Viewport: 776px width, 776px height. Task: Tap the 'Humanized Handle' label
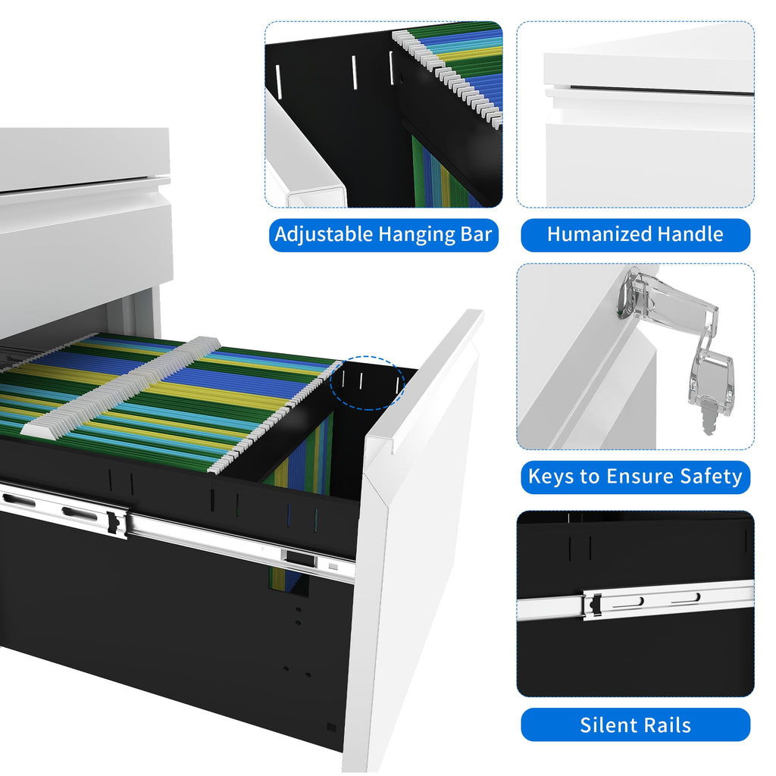point(635,234)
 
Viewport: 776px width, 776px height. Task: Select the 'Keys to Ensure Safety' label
point(635,477)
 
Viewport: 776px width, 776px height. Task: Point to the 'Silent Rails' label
point(635,725)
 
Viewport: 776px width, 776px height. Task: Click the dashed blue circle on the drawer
point(368,383)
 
